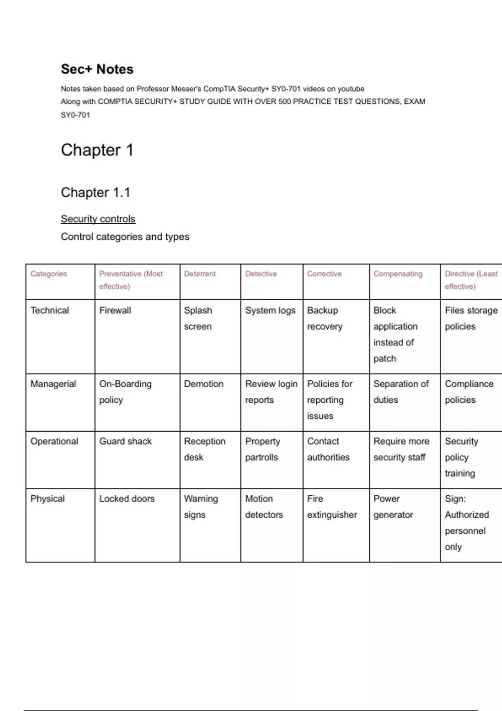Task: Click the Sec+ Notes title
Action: [x=97, y=69]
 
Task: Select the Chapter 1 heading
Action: [x=97, y=150]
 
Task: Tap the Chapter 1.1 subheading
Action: [x=95, y=192]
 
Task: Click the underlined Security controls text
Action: [x=98, y=219]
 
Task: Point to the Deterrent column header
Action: [x=200, y=274]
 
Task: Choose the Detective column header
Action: [x=261, y=274]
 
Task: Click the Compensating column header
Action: [x=398, y=274]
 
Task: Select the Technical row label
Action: [x=50, y=310]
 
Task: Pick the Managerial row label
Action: [x=53, y=384]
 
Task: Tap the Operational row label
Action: [x=54, y=441]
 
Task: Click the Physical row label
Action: [x=48, y=499]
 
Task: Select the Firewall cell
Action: [x=115, y=310]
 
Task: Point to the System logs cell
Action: [x=270, y=310]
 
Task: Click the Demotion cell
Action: [x=204, y=384]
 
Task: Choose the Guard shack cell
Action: [x=125, y=441]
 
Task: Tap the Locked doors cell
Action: [x=127, y=499]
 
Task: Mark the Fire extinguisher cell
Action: [x=332, y=506]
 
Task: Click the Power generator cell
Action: [x=393, y=506]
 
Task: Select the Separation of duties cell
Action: [x=401, y=391]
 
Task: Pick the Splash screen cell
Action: [x=198, y=318]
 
